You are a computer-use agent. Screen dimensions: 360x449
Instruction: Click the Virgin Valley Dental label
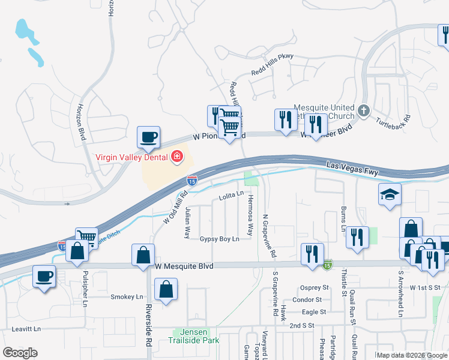click(132, 158)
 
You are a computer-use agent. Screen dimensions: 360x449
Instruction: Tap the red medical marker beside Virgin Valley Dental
click(177, 158)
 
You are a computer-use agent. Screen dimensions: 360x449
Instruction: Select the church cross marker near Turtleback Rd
click(363, 111)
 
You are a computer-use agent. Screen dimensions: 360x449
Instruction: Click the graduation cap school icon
click(390, 194)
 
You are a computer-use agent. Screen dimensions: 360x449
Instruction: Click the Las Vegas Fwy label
click(354, 168)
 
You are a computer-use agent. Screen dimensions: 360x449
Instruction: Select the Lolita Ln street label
click(231, 195)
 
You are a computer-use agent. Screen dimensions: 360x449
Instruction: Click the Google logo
click(20, 353)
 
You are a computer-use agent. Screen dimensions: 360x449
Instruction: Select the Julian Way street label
click(188, 222)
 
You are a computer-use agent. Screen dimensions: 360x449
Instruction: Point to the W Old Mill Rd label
click(176, 207)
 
